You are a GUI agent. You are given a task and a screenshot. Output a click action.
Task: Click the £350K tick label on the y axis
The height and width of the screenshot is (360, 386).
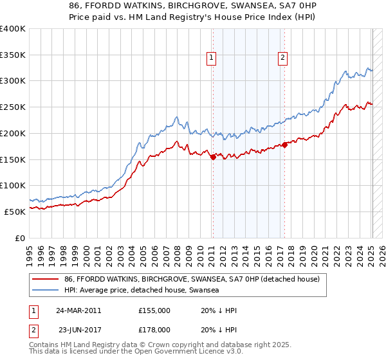pyautogui.click(x=13, y=55)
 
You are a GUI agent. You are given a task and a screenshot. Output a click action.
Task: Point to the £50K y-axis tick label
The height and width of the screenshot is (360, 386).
pyautogui.click(x=15, y=212)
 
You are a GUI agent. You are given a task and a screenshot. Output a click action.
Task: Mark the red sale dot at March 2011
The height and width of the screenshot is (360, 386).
pyautogui.click(x=213, y=157)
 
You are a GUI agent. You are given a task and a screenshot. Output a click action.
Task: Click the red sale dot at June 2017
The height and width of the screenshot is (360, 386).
pyautogui.click(x=284, y=145)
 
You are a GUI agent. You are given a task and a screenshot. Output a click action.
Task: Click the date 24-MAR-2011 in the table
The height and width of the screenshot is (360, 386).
pyautogui.click(x=78, y=310)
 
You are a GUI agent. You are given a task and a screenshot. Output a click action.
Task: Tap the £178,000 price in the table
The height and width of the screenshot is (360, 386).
pyautogui.click(x=154, y=330)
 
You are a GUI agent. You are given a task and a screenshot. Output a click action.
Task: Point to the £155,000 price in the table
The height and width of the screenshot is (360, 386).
pyautogui.click(x=154, y=310)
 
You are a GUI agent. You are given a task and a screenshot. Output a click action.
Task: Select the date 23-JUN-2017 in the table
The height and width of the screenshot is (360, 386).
pyautogui.click(x=78, y=330)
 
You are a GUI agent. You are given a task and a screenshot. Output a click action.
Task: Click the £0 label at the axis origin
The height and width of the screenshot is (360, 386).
pyautogui.click(x=20, y=238)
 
